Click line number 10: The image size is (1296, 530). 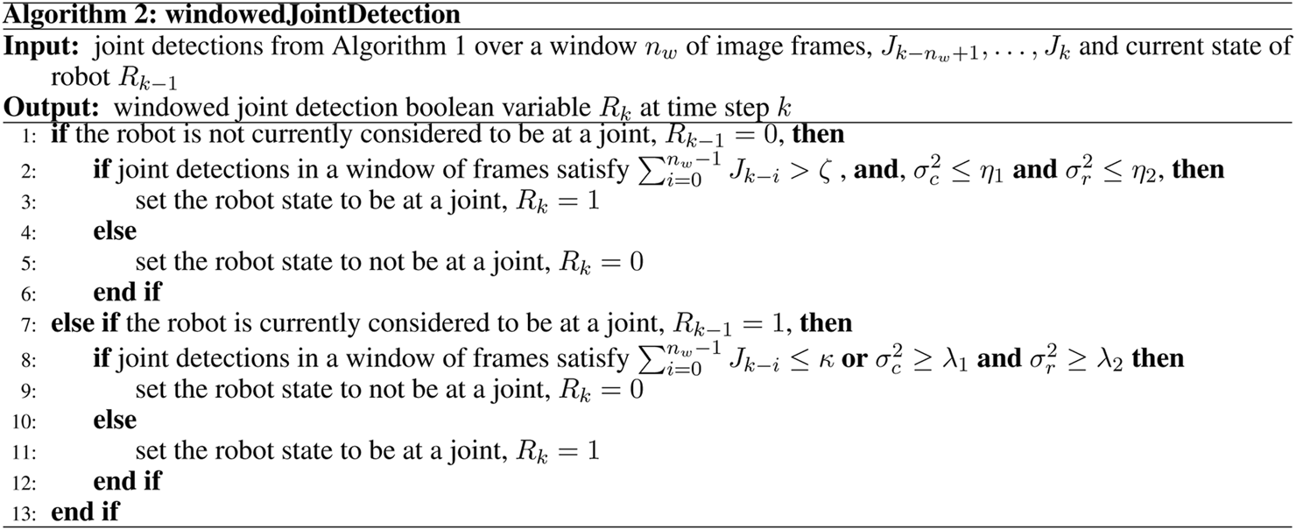(x=24, y=421)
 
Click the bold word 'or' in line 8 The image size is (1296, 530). (x=854, y=359)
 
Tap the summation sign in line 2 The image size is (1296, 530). (x=648, y=171)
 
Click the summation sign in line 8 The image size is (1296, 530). (x=648, y=359)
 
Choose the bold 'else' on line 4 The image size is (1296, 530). (x=115, y=232)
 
